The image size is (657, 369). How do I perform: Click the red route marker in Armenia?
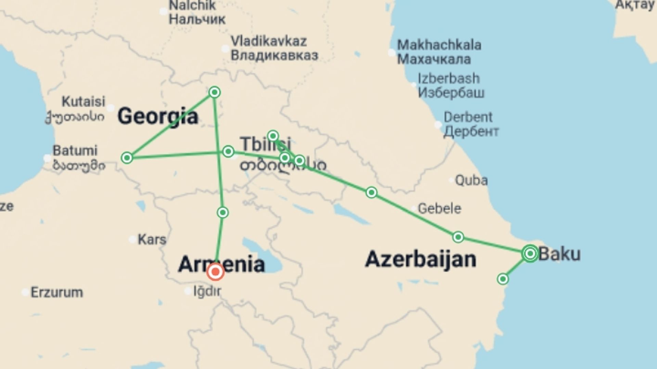tap(215, 272)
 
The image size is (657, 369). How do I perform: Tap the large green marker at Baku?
tap(530, 254)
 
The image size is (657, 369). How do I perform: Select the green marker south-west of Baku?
tap(502, 279)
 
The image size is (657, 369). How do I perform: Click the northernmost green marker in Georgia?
tap(215, 92)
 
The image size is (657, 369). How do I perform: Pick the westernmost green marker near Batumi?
tap(127, 158)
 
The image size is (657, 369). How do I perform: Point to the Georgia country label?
tap(158, 116)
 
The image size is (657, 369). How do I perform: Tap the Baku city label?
tap(559, 254)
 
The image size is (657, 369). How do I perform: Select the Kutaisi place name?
tap(83, 101)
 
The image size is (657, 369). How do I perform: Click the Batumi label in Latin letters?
tap(75, 151)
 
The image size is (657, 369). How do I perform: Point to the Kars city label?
tap(152, 240)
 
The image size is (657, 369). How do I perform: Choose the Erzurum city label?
tap(57, 292)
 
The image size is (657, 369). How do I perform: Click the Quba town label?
tap(471, 180)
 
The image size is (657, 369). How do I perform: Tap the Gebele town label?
tap(439, 208)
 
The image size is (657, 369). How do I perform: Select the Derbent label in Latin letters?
tap(468, 117)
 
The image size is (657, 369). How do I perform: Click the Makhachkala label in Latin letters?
tap(439, 45)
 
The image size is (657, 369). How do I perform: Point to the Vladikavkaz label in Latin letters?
tap(269, 41)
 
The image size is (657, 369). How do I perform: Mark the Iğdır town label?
tap(207, 291)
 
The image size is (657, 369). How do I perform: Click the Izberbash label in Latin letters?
tap(449, 79)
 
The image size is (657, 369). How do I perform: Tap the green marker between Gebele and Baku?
tap(458, 237)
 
